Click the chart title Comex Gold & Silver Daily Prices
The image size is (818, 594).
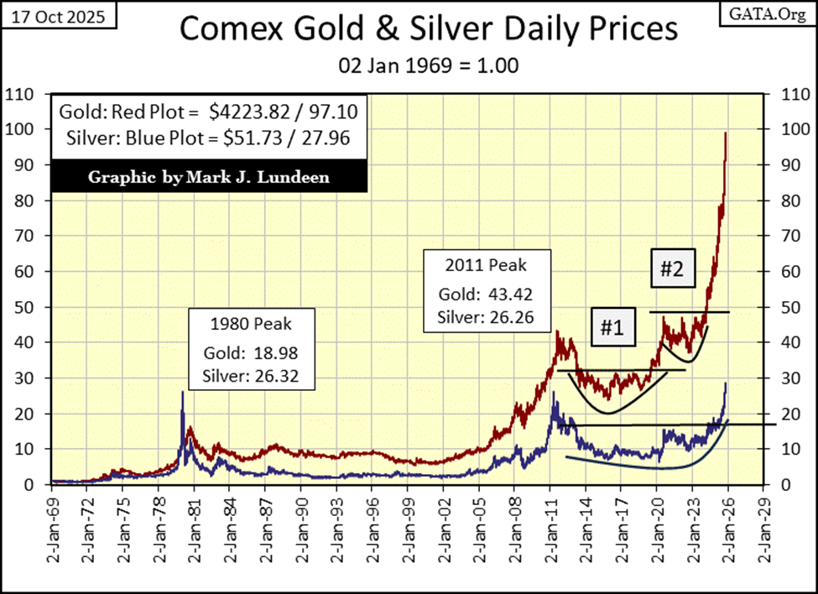click(428, 29)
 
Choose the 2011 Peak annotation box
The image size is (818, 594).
click(482, 290)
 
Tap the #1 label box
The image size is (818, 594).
click(611, 328)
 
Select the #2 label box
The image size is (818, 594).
click(675, 270)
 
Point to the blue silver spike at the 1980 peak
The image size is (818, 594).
click(183, 392)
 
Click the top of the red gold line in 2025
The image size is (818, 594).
click(726, 133)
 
